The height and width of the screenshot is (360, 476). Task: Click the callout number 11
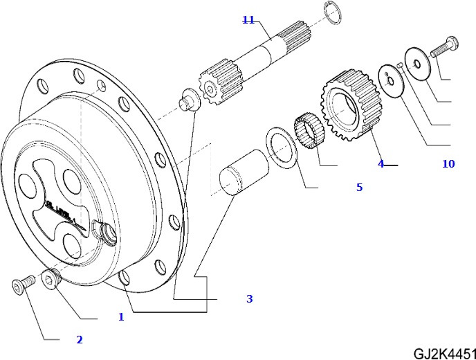click(248, 20)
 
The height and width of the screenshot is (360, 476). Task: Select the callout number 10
click(448, 164)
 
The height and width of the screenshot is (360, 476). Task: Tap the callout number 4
click(381, 164)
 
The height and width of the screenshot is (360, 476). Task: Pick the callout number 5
click(359, 187)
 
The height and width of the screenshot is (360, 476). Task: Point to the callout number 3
click(249, 299)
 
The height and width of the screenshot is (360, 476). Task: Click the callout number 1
click(120, 317)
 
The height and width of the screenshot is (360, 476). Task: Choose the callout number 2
click(79, 339)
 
